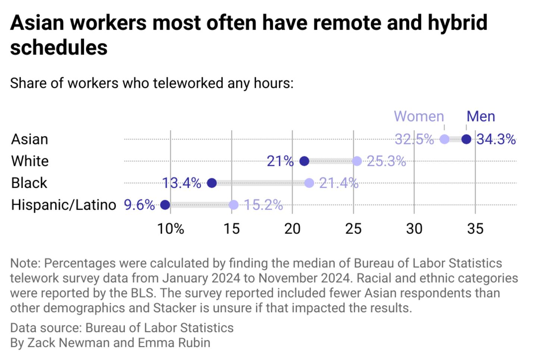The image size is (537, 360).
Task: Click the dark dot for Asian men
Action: [466, 139]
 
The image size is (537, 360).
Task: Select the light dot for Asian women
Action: [445, 139]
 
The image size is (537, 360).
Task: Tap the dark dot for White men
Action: [304, 161]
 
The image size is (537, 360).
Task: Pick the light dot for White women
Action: [357, 161]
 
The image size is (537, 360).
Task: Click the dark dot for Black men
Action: [212, 183]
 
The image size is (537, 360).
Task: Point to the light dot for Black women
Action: [309, 183]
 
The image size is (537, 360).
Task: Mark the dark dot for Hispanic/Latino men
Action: [165, 205]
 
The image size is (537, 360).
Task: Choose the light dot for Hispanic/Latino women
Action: [233, 205]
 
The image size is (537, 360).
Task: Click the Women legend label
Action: [419, 116]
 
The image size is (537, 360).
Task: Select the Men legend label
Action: [481, 116]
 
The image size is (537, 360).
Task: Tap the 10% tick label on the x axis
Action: [170, 229]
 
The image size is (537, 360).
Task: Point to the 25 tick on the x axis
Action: [353, 229]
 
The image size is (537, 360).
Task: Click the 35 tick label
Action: [475, 229]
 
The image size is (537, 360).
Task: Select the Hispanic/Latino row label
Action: [64, 205]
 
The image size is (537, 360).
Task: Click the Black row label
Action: [29, 183]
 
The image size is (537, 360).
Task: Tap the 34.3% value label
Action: [496, 139]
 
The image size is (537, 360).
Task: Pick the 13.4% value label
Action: [182, 183]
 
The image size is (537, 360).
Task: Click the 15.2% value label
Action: [263, 205]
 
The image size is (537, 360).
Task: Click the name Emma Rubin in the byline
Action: [174, 342]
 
